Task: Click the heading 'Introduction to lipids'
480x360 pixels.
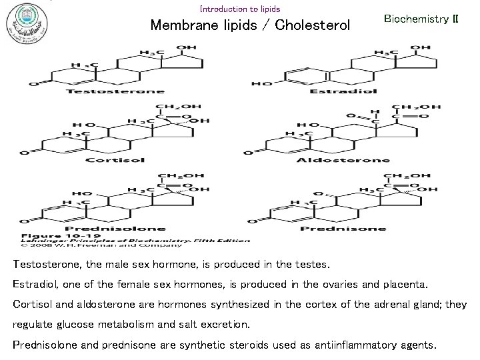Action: (x=240, y=9)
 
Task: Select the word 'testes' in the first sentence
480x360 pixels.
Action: (x=311, y=265)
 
